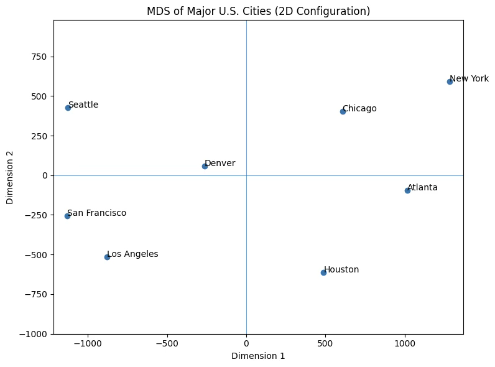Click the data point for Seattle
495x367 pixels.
pos(68,108)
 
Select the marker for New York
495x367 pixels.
pos(450,81)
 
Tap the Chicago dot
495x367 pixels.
pos(343,111)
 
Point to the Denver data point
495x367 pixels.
pos(205,166)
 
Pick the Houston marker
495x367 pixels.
pos(323,272)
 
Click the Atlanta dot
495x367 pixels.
pos(407,190)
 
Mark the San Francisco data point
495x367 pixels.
pos(67,216)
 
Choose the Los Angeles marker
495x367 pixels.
pos(107,257)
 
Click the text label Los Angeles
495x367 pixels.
pos(132,254)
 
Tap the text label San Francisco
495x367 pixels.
pos(97,213)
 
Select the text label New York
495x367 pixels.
pos(469,78)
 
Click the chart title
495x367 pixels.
pos(258,11)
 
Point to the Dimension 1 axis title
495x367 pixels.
pos(258,356)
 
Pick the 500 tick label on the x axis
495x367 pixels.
pos(325,343)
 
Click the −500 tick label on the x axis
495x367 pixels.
pos(167,343)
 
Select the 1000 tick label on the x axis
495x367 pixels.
pos(405,343)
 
